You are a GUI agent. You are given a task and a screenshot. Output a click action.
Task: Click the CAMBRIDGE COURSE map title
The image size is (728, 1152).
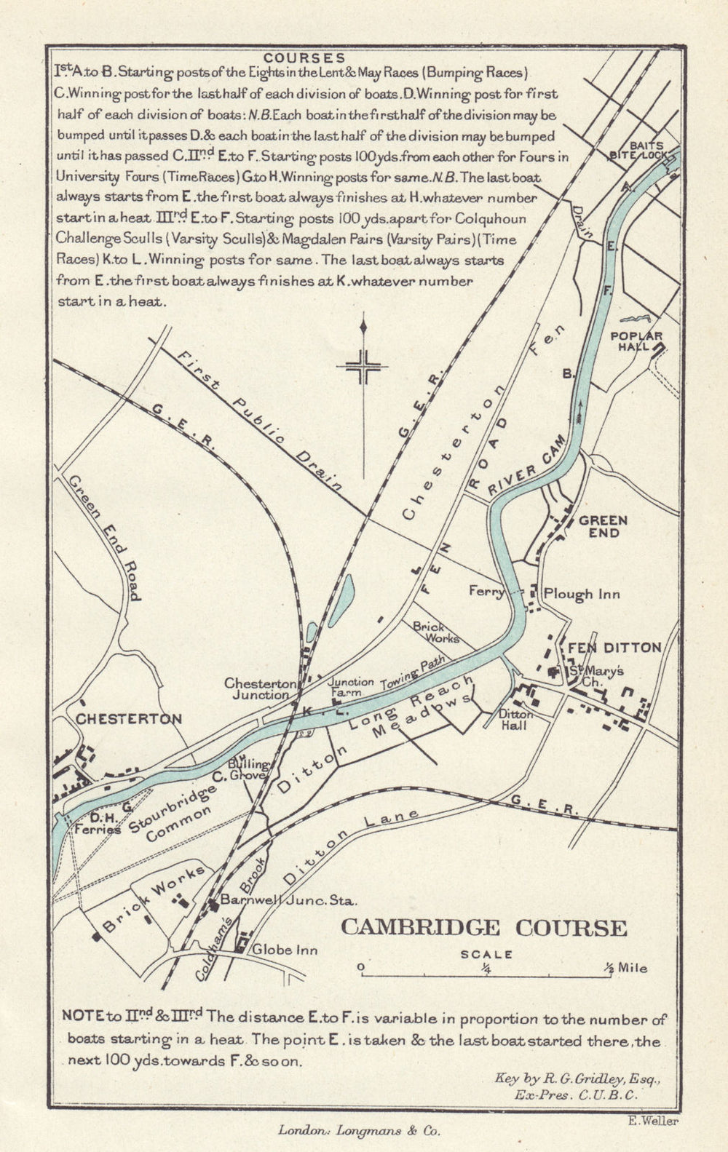tap(484, 928)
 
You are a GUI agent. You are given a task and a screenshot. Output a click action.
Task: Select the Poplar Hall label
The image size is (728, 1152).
tap(636, 341)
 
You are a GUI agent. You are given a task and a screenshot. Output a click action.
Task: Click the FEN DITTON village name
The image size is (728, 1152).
tap(614, 648)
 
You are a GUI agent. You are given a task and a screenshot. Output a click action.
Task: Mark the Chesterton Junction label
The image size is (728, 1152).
tap(260, 689)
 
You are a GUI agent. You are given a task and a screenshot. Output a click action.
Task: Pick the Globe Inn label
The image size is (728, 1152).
tap(285, 950)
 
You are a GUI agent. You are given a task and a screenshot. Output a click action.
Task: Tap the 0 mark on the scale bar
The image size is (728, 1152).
tap(360, 967)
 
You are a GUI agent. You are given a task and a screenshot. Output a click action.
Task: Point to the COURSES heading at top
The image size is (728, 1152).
tap(304, 57)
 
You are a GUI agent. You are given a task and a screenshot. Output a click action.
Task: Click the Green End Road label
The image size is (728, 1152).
tap(103, 537)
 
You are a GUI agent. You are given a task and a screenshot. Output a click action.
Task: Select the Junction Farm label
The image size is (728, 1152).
tap(350, 687)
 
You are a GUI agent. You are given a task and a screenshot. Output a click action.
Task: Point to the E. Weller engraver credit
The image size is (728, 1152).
tap(652, 1121)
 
